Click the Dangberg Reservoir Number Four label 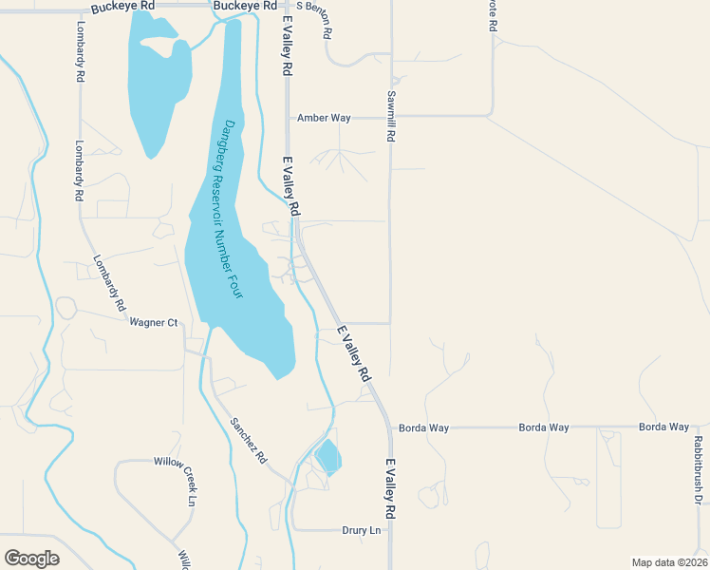tap(229, 210)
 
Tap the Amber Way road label tap(324, 118)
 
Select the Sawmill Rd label tap(390, 117)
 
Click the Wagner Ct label tap(154, 322)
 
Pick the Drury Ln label tap(361, 530)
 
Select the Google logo tap(31, 559)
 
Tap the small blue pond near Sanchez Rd tap(327, 457)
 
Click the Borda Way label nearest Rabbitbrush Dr tap(663, 427)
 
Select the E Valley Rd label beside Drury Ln tap(390, 489)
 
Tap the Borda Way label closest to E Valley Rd tap(423, 427)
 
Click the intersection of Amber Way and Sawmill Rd tap(390, 118)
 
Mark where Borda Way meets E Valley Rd tap(389, 427)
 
